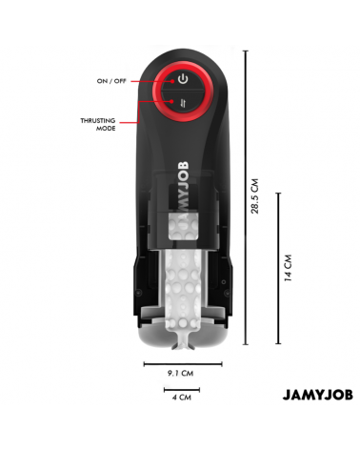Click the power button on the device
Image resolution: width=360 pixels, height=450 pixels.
pos(181,79)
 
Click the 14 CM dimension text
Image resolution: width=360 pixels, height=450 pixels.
pos(288,268)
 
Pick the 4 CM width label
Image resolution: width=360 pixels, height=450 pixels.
pos(181,398)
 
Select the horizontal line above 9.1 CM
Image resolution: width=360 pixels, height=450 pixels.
pos(182,363)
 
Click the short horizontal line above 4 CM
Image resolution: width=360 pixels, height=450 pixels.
pos(181,388)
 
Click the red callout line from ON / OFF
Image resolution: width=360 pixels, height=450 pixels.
pos(145,80)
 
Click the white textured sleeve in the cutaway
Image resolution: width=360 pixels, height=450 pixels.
pos(181,286)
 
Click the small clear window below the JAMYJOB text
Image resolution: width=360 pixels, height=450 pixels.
pos(181,226)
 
